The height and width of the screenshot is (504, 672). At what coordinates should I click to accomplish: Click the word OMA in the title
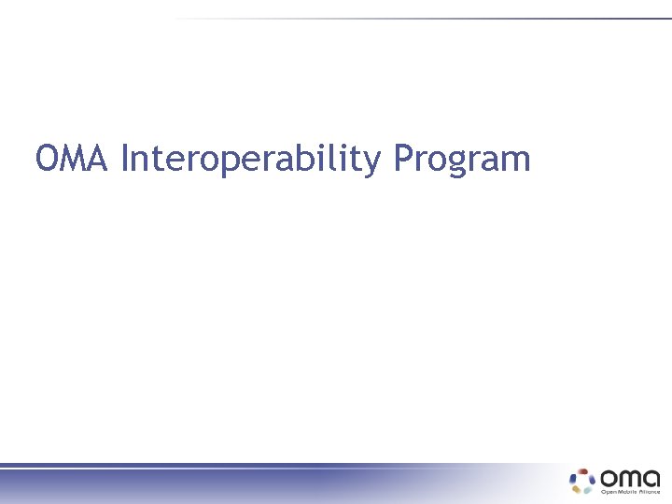pyautogui.click(x=74, y=159)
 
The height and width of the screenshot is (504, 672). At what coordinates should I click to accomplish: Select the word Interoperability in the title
pyautogui.click(x=251, y=161)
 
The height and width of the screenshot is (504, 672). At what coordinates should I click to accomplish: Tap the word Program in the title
pyautogui.click(x=461, y=161)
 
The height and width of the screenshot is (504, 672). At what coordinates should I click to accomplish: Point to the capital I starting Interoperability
pyautogui.click(x=126, y=159)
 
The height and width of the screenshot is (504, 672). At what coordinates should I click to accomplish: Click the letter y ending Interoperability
pyautogui.click(x=373, y=163)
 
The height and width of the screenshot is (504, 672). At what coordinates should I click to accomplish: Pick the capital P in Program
pyautogui.click(x=401, y=159)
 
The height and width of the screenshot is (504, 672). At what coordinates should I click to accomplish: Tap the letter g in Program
pyautogui.click(x=450, y=164)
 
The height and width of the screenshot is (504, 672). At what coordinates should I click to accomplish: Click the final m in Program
pyautogui.click(x=516, y=161)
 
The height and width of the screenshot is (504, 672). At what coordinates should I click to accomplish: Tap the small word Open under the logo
pyautogui.click(x=608, y=491)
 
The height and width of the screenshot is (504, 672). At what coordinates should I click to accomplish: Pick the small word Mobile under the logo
pyautogui.click(x=625, y=491)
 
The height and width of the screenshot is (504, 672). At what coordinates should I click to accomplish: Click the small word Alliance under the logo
pyautogui.click(x=648, y=491)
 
